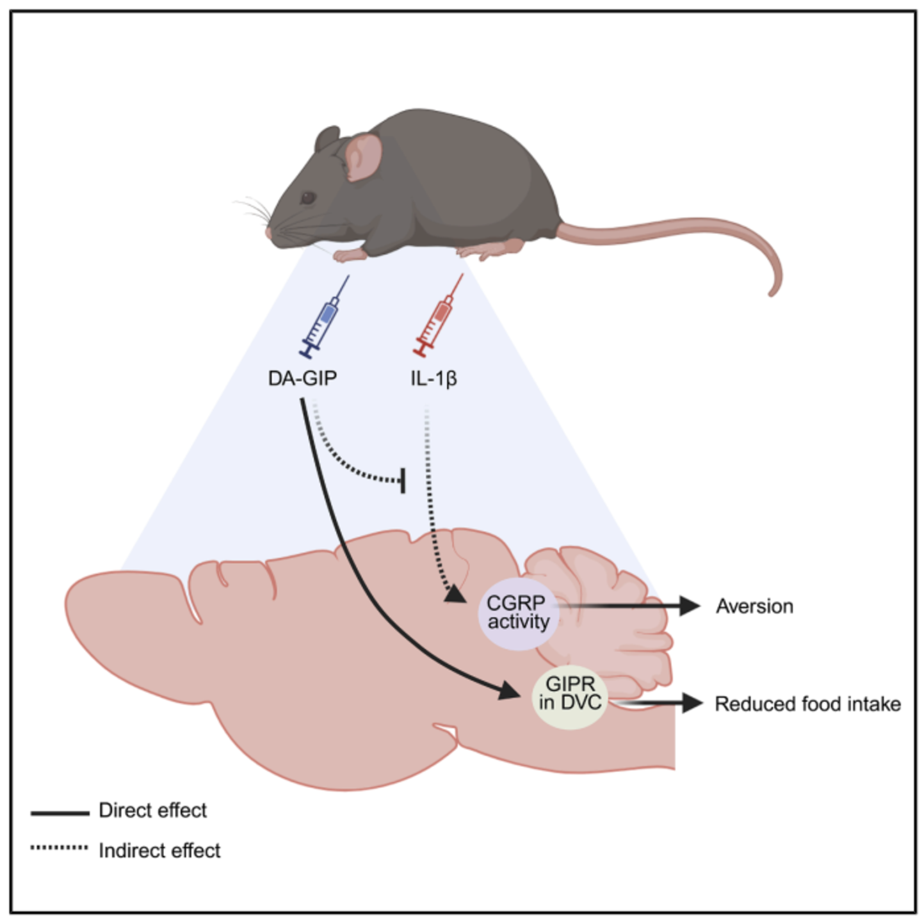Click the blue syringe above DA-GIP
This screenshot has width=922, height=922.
pos(324,316)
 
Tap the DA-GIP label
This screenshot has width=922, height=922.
pos(302,378)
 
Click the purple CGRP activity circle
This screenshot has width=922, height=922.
pos(519,614)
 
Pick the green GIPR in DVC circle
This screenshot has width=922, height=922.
pos(570,697)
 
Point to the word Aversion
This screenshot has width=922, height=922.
pos(754,606)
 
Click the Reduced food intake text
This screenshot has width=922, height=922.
pos(807,704)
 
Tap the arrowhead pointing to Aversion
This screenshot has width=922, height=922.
pos(690,606)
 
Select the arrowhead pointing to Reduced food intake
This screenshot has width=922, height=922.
pos(692,703)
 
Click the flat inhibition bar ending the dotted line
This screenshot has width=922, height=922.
pos(403,480)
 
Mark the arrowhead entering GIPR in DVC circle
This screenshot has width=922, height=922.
pos(510,691)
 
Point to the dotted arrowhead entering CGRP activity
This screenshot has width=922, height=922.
pos(455,595)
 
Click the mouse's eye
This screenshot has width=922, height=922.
pos(307,198)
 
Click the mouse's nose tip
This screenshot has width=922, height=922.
pos(268,232)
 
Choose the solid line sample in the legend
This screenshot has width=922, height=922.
pos(60,813)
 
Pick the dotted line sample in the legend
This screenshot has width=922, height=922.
pos(60,847)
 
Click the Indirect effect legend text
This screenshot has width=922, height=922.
pos(159,851)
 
